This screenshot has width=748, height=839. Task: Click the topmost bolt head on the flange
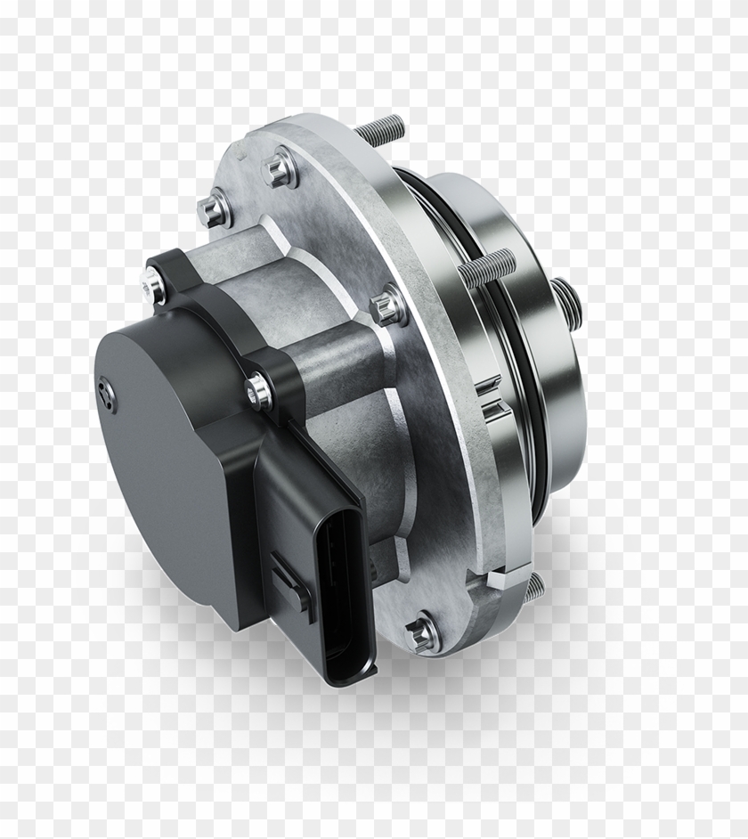279,167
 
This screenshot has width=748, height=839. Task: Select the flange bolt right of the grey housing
388,305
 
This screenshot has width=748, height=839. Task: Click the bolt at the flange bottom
421,634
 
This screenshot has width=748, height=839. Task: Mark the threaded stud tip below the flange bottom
533,587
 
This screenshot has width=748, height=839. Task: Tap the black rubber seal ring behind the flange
525,356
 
